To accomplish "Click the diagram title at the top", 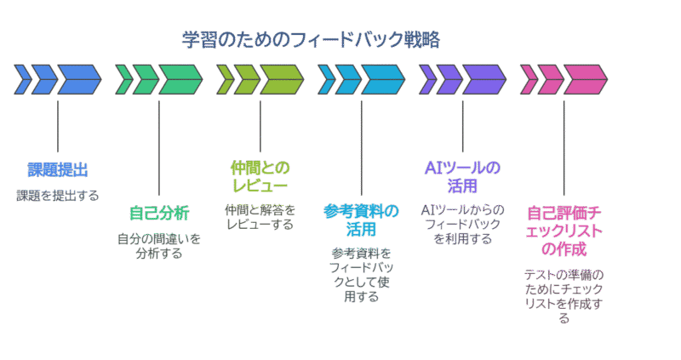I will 311,39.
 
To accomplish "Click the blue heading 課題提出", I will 57,169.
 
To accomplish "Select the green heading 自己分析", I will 158,212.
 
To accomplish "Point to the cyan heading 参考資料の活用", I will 361,220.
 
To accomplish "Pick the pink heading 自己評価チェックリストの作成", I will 564,231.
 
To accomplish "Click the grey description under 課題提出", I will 57,195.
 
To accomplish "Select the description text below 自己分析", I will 158,246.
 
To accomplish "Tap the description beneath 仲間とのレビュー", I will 260,216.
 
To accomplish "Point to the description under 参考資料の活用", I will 361,275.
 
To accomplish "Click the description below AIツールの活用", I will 462,224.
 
